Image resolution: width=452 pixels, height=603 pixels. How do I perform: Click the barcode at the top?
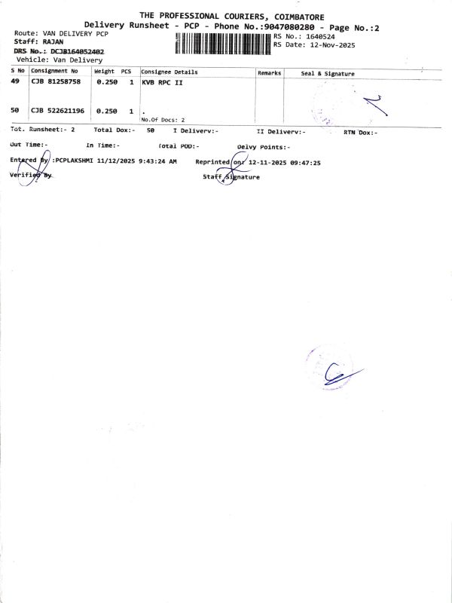(222, 44)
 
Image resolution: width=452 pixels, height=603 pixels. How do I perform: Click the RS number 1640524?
(316, 36)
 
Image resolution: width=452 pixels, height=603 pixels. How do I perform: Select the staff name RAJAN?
(54, 43)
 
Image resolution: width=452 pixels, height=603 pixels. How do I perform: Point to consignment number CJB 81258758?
(56, 81)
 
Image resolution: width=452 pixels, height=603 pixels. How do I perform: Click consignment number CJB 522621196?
(58, 111)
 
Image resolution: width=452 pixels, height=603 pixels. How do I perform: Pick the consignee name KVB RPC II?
(163, 82)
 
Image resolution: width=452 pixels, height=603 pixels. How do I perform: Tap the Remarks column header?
(269, 73)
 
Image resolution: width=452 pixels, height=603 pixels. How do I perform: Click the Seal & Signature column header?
(328, 74)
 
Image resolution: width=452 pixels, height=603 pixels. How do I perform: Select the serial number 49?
(15, 81)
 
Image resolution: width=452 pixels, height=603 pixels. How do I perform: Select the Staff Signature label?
(231, 177)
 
